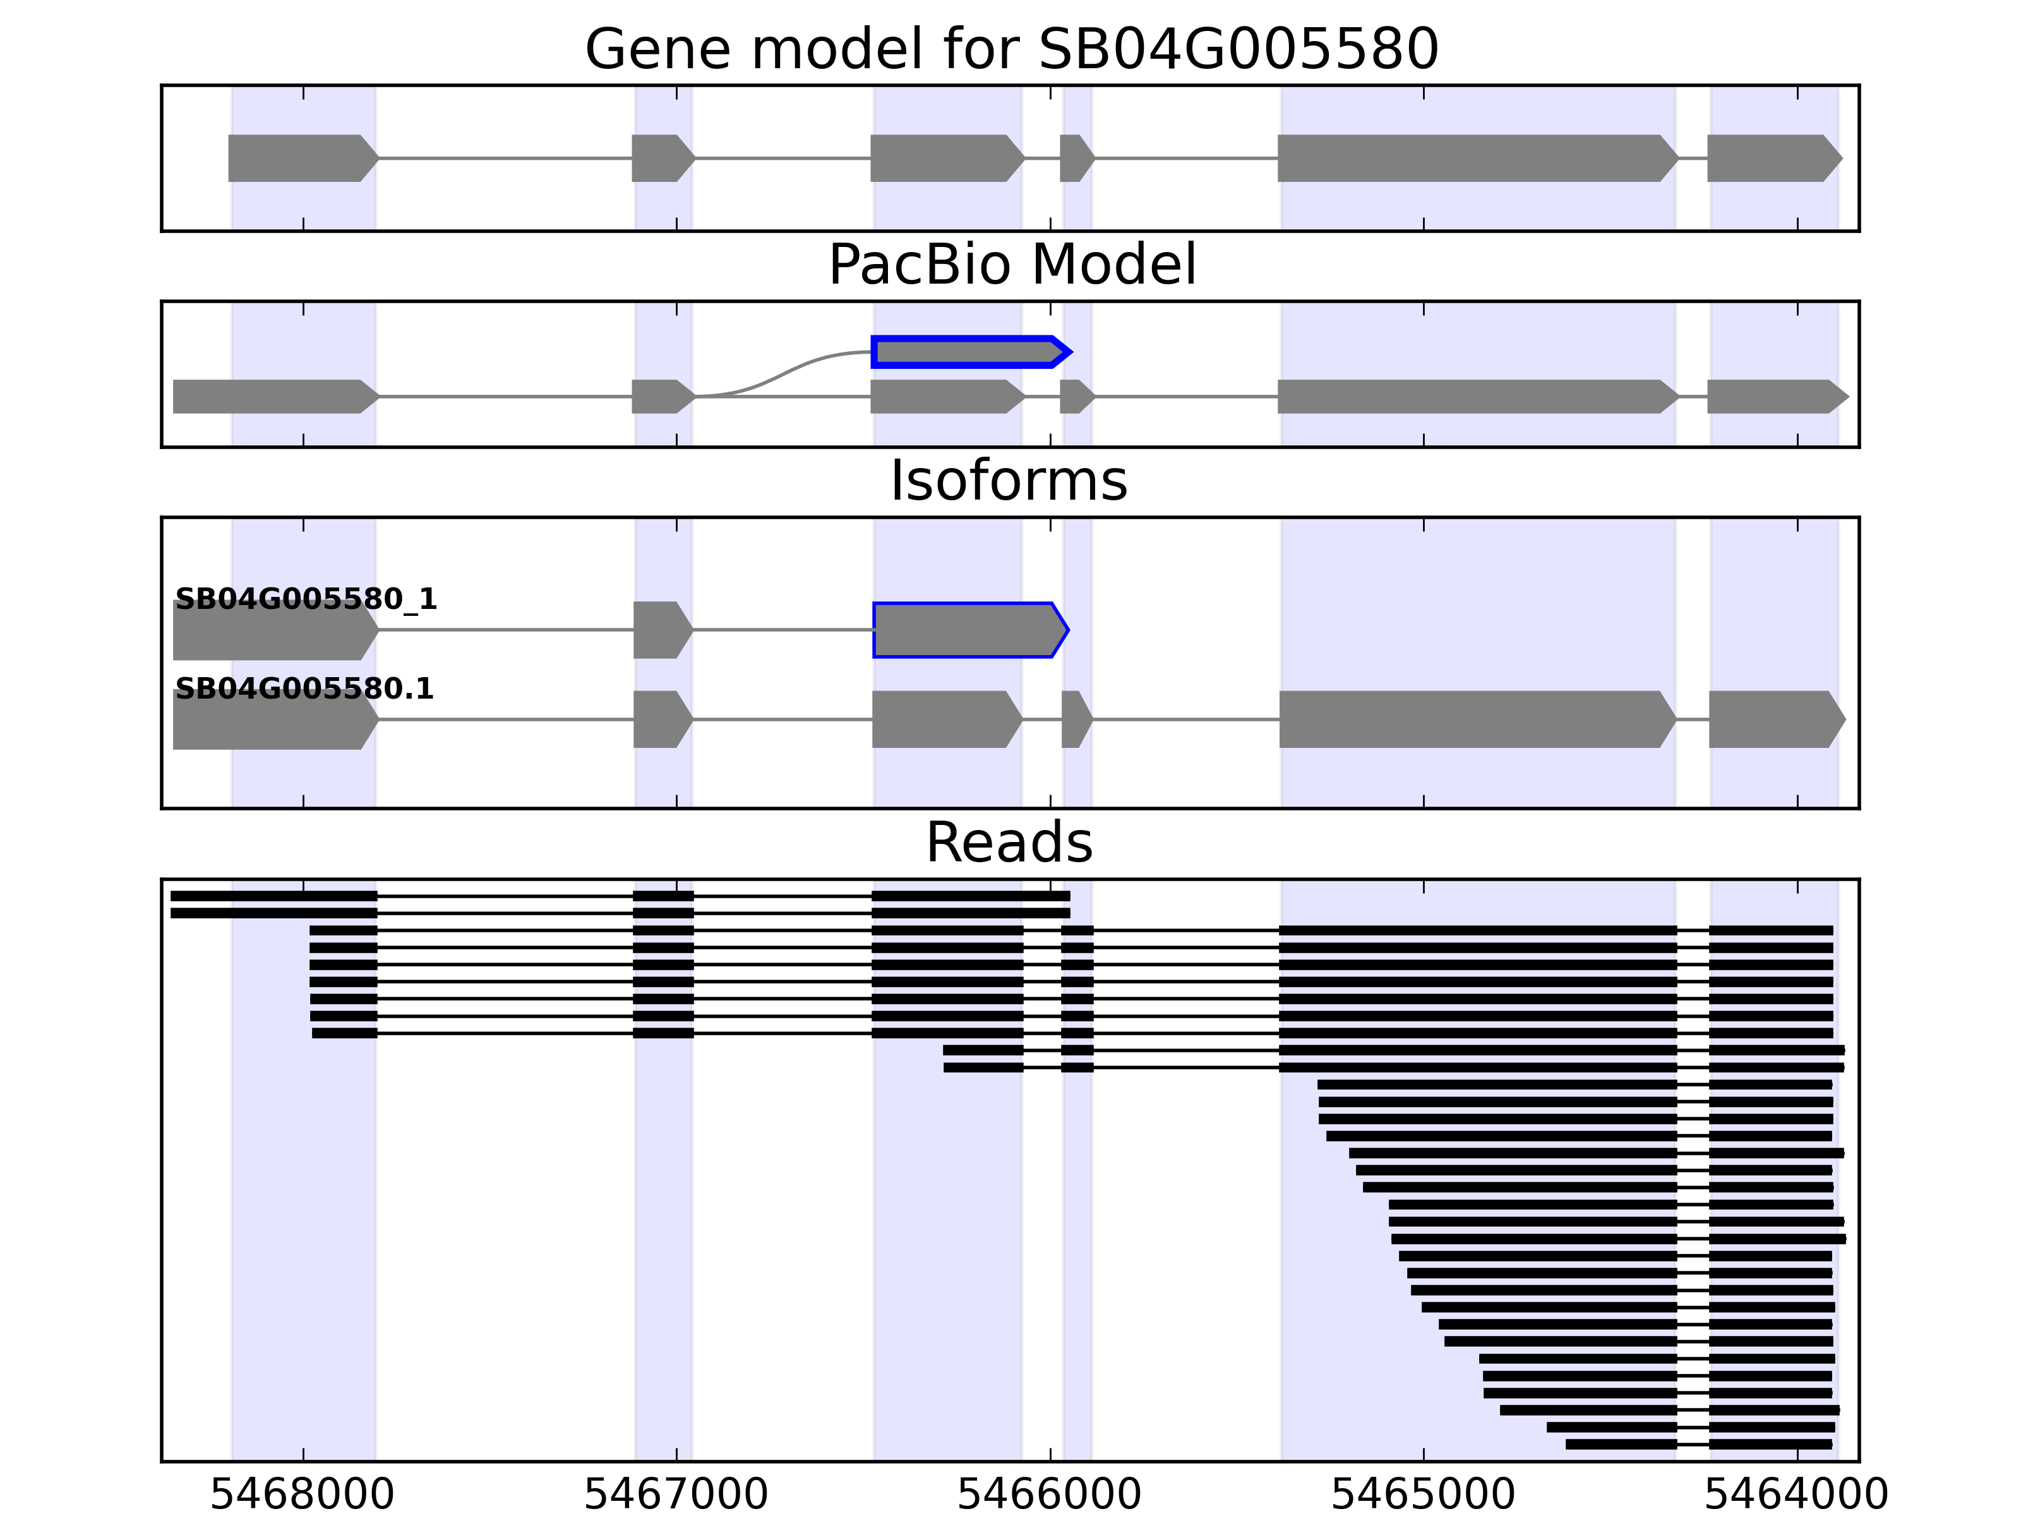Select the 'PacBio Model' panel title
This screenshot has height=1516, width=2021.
[1010, 265]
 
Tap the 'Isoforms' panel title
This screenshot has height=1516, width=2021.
[1009, 481]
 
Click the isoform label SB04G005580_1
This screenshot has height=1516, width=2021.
[306, 599]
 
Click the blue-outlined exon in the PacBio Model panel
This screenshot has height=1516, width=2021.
[968, 352]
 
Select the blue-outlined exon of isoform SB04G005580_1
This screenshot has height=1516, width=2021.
[968, 630]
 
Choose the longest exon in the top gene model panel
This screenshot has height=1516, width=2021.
[1475, 158]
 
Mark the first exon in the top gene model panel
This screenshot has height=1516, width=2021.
[301, 158]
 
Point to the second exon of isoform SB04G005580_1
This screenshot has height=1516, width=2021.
[661, 630]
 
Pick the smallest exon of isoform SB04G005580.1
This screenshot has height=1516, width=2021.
[1076, 719]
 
